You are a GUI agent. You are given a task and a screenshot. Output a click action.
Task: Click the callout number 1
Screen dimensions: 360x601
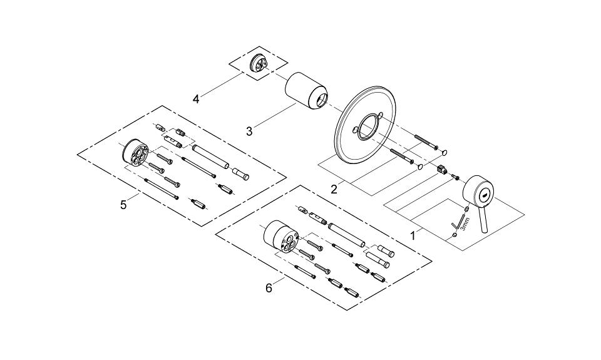[413, 236]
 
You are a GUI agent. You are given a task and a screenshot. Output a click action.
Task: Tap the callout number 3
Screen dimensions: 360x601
[249, 131]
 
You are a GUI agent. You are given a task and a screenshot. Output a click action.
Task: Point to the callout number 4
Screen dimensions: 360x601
[196, 99]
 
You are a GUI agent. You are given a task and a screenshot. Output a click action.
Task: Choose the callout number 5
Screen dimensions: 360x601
[123, 204]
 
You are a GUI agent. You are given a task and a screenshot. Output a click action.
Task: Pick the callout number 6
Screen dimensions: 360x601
[269, 288]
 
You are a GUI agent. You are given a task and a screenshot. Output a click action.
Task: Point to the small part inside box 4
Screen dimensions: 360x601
[257, 63]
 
